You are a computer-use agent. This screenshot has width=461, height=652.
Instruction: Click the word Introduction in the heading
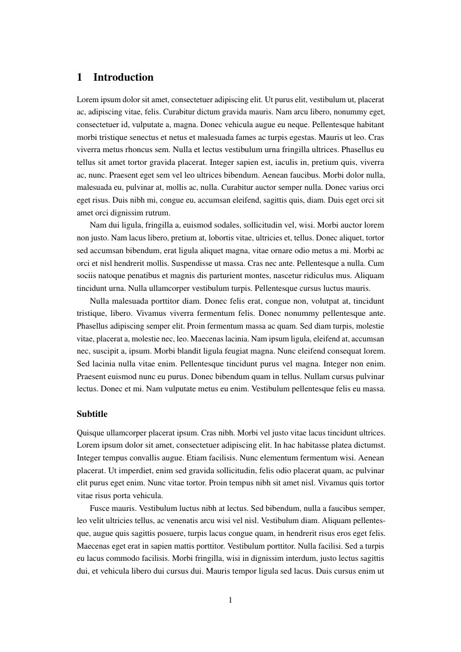click(x=123, y=77)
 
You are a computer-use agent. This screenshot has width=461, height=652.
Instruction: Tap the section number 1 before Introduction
click(x=80, y=77)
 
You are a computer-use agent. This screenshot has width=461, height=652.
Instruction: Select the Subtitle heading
click(x=92, y=414)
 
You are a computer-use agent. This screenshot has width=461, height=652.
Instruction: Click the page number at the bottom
click(x=230, y=600)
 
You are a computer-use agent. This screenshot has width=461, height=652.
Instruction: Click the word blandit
click(x=187, y=351)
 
